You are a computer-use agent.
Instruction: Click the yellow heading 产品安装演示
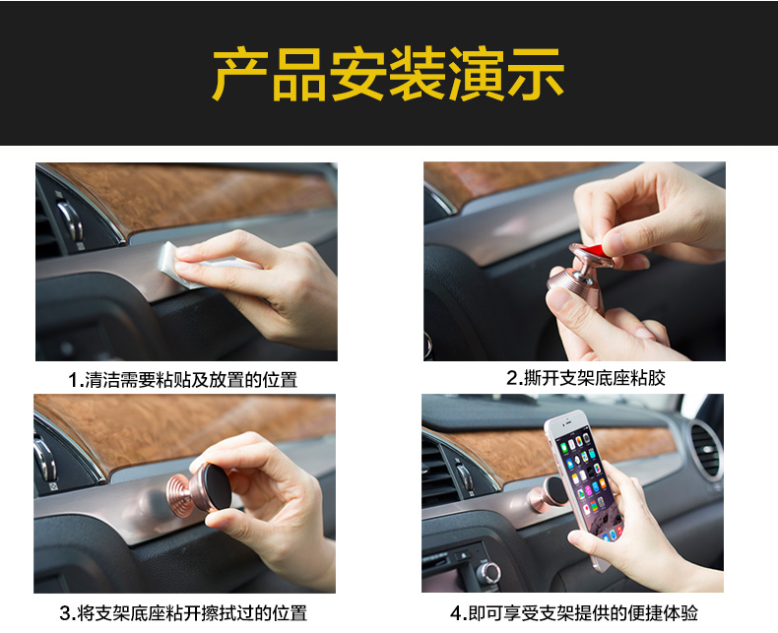388,74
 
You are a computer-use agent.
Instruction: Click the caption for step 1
183,380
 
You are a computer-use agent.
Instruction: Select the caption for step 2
586,378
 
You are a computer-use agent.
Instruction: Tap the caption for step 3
183,613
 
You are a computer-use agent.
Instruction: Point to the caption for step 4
574,613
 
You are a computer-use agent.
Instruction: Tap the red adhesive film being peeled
594,251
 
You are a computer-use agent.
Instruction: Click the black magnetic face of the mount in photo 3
219,487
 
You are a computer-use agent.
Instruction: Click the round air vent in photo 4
704,451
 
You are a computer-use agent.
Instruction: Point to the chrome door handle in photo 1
70,220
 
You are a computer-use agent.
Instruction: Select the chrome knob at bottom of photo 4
488,573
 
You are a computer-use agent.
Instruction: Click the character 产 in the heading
240,75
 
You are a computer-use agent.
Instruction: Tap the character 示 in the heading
536,75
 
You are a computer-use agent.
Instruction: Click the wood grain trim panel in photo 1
199,195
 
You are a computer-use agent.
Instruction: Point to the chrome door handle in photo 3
45,458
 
